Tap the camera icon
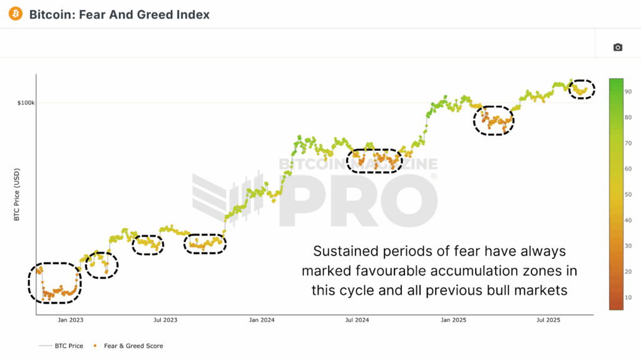click(618, 47)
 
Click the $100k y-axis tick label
click(26, 102)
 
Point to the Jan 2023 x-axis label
click(71, 320)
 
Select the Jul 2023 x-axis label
click(165, 320)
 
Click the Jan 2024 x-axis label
click(262, 320)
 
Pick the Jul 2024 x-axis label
click(357, 320)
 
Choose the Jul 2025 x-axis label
click(548, 320)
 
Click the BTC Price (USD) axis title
click(17, 195)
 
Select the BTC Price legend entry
click(64, 346)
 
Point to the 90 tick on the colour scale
click(628, 91)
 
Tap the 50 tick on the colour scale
click(628, 195)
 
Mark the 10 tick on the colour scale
click(628, 297)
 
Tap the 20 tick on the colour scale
click(628, 272)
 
